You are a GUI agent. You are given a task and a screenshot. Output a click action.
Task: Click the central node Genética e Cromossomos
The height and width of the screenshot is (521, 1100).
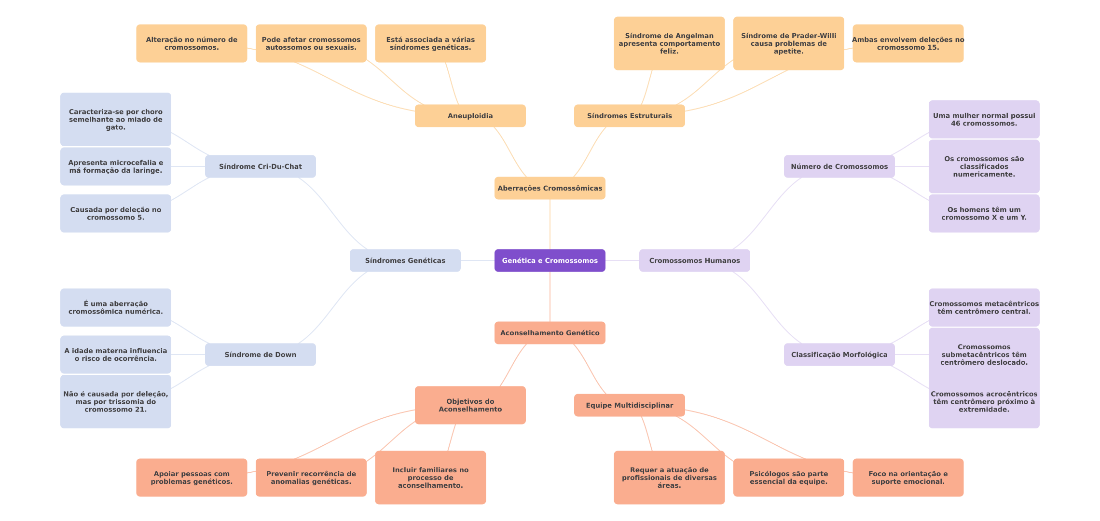550,260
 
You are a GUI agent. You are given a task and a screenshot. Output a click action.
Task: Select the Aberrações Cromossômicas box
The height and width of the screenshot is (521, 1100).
550,188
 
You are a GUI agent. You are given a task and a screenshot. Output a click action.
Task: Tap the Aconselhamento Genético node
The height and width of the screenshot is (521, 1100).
550,333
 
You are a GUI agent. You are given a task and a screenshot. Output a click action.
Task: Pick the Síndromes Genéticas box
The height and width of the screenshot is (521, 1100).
405,260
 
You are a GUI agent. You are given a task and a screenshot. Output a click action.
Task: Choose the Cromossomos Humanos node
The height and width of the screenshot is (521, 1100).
694,260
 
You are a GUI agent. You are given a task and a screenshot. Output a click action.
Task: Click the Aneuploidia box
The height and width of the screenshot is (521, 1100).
470,116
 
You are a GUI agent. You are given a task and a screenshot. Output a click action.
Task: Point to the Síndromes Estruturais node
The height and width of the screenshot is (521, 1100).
629,116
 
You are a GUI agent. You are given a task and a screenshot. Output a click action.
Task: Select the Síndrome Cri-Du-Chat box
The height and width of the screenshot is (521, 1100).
260,166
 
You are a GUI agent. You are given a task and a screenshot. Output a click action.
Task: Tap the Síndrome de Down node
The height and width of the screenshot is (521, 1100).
260,355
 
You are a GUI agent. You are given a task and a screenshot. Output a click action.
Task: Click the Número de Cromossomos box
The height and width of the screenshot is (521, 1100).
839,166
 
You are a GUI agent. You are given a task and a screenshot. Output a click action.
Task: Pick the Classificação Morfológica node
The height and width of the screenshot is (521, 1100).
839,355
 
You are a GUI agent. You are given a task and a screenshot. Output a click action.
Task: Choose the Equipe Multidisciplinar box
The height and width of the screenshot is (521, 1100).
629,405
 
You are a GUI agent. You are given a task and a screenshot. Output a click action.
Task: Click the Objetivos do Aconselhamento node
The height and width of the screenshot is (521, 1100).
470,405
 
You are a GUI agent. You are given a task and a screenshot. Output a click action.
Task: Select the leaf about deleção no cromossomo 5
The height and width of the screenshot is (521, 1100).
115,214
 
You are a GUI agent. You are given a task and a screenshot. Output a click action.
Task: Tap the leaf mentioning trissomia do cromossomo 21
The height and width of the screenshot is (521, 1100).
115,402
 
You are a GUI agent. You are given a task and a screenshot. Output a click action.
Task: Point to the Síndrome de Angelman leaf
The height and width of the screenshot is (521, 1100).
669,43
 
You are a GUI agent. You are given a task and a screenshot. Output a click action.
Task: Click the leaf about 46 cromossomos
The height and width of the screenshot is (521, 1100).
984,120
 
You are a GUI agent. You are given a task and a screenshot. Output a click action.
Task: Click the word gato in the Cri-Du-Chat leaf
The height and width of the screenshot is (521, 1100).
115,127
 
